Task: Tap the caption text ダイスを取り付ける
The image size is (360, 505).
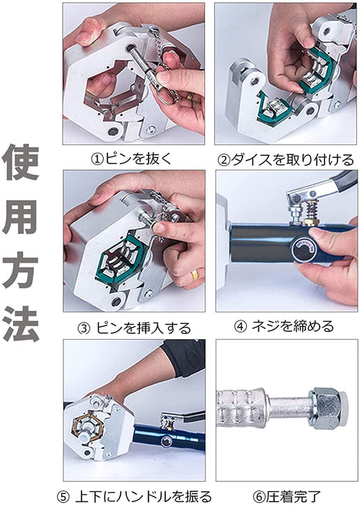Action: click(292, 159)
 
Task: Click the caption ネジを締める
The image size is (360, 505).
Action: click(293, 327)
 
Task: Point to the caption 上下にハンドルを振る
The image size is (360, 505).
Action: click(144, 496)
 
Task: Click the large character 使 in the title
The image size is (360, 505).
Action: click(21, 162)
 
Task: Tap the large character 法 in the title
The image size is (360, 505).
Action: click(21, 323)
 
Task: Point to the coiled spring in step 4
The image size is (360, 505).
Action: click(312, 209)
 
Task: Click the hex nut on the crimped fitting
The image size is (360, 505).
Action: click(327, 408)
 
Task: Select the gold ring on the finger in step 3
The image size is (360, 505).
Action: click(195, 275)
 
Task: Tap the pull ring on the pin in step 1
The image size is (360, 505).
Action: click(167, 96)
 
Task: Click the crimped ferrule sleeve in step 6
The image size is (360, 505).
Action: click(240, 408)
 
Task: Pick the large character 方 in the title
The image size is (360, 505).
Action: click(21, 271)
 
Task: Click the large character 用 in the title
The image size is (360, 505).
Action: click(21, 216)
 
